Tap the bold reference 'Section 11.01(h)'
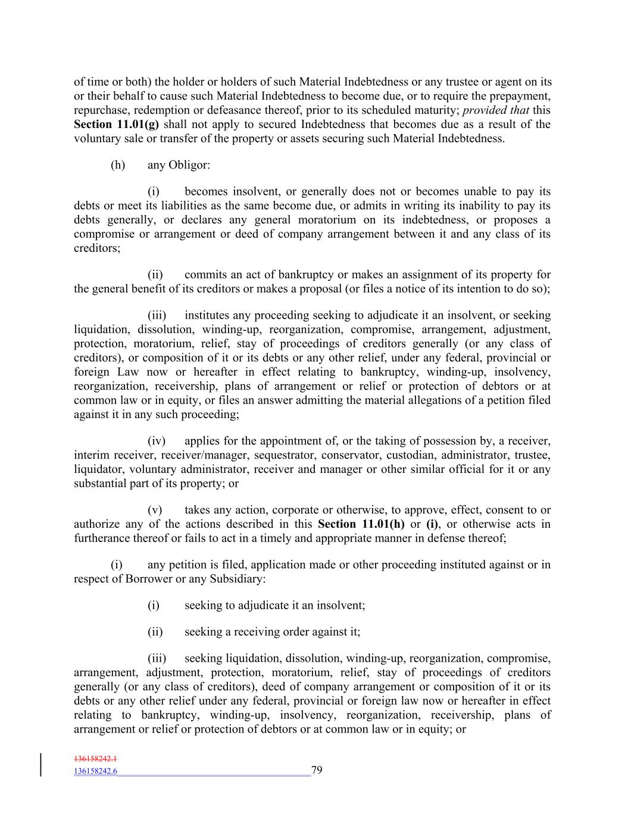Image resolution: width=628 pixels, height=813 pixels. tap(361, 524)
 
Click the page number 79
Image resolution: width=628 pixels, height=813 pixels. tap(317, 770)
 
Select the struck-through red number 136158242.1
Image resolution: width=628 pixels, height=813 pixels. tap(95, 759)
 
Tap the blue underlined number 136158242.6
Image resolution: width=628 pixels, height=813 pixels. tap(95, 771)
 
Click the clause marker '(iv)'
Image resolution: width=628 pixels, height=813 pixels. tap(156, 441)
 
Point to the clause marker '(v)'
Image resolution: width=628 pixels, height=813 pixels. tap(155, 510)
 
